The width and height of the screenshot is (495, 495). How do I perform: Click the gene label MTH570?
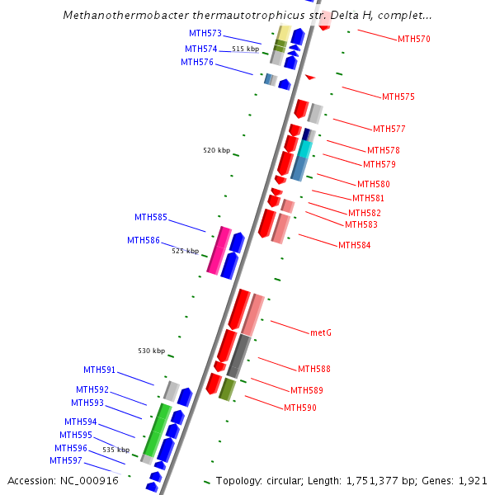(x=413, y=39)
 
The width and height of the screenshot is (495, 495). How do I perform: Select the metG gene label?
(x=321, y=332)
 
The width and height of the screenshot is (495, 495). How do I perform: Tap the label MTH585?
(x=151, y=217)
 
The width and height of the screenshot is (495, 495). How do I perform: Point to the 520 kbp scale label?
(x=216, y=150)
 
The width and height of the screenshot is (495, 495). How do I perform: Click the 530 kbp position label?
(x=151, y=351)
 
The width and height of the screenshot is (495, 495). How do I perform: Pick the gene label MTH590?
(x=300, y=408)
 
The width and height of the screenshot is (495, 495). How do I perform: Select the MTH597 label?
(x=66, y=460)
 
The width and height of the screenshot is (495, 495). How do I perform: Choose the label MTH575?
(x=398, y=97)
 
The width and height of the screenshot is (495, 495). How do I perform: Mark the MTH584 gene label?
(x=355, y=245)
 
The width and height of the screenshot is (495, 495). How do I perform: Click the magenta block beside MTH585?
(x=219, y=251)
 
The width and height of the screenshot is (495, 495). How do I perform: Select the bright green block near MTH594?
(x=157, y=430)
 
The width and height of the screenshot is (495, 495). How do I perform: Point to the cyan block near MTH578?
(x=305, y=148)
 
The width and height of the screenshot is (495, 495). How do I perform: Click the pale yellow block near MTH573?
(x=281, y=31)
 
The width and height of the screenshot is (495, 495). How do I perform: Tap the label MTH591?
(x=99, y=370)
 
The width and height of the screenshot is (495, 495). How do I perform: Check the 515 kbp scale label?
(x=245, y=49)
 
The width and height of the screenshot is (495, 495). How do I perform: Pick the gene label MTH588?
(x=313, y=369)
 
